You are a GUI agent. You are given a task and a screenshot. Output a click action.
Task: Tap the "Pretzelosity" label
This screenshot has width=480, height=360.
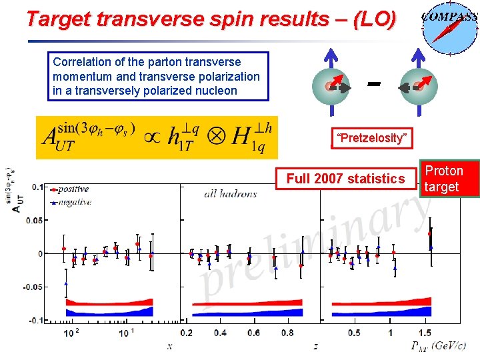click(371, 138)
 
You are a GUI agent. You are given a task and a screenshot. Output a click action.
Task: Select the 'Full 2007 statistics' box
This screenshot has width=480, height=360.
click(345, 179)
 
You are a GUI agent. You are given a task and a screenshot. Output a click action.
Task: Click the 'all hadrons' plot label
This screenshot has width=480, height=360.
click(230, 194)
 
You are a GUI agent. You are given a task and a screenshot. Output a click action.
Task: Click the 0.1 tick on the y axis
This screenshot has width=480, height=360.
click(37, 187)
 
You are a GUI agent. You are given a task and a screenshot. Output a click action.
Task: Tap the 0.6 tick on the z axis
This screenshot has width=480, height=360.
click(253, 333)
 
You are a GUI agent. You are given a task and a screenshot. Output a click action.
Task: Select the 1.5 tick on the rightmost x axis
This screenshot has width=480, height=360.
click(424, 333)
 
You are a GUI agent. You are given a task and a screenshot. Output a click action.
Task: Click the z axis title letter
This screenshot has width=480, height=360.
click(315, 346)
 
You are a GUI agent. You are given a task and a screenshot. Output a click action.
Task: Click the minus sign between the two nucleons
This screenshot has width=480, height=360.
click(374, 84)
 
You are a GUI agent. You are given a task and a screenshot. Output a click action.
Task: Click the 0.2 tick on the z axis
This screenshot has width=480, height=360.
click(187, 333)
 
